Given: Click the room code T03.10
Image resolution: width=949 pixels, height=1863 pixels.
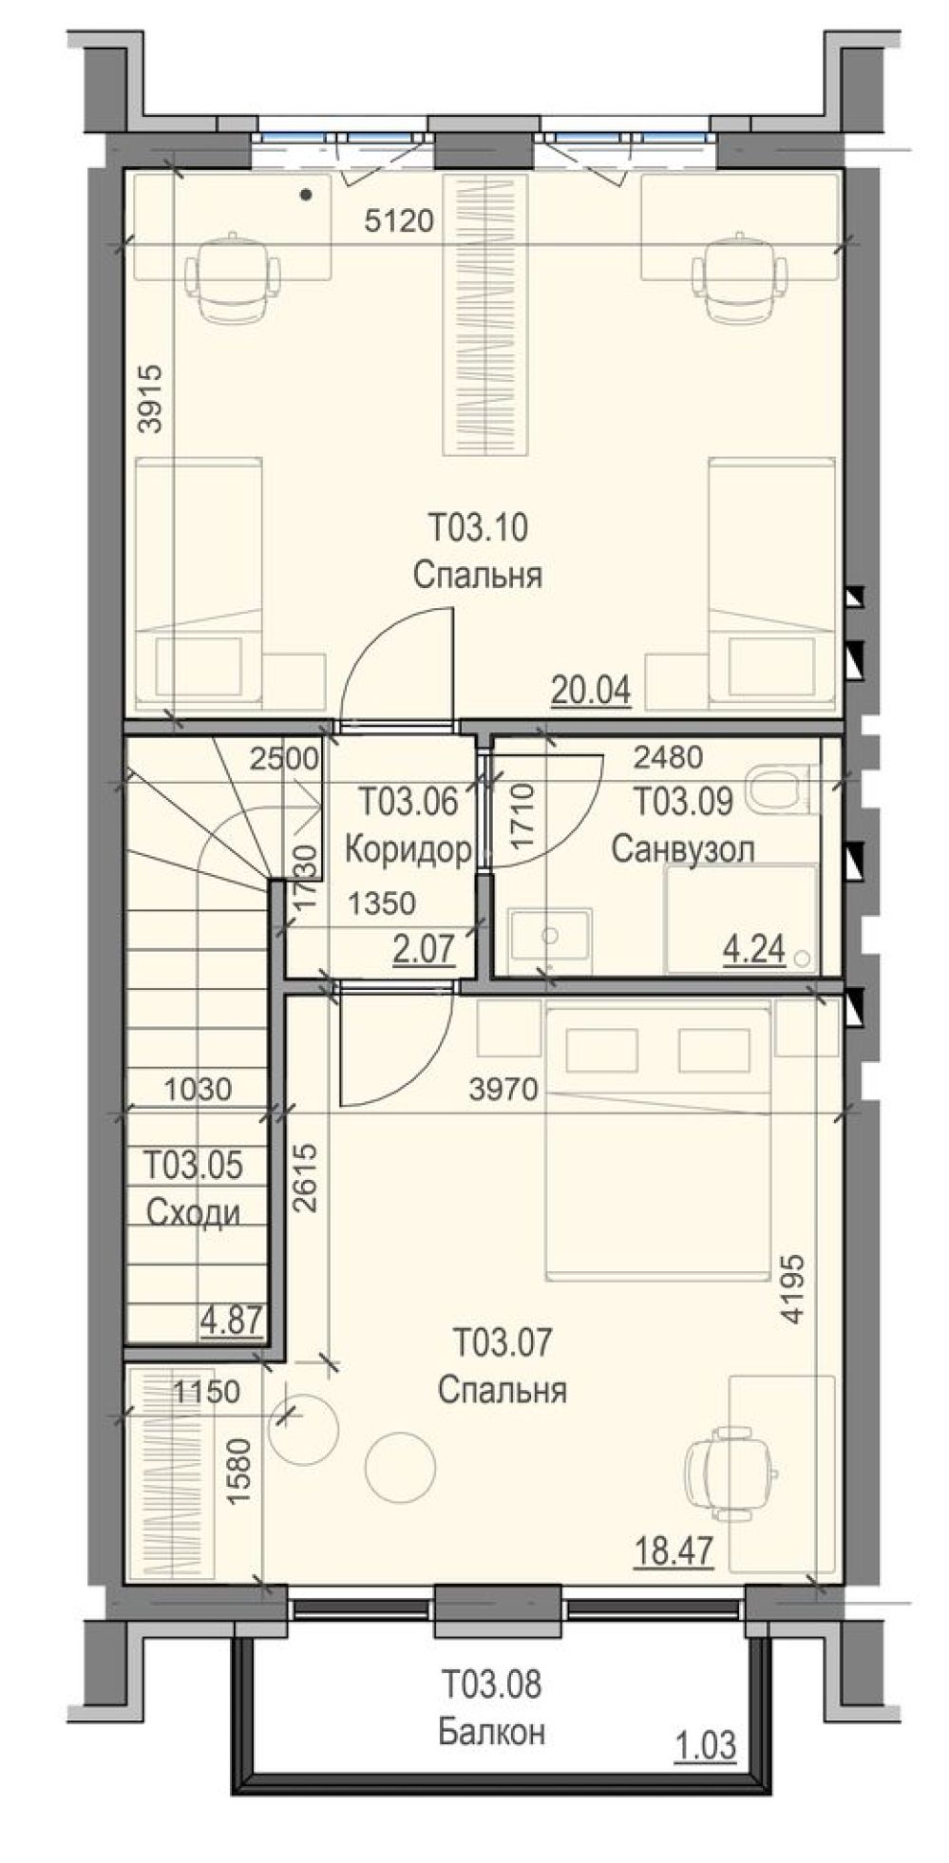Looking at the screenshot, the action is (477, 526).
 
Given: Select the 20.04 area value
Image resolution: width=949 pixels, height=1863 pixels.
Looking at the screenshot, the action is (591, 690).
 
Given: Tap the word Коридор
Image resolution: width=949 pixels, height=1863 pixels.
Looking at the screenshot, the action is (408, 848).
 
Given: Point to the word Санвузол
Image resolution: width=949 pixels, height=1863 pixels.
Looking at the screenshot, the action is (683, 847).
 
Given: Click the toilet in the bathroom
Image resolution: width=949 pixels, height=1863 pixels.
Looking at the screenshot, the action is (783, 789).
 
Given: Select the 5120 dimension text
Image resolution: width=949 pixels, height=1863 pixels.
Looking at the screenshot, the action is (399, 222).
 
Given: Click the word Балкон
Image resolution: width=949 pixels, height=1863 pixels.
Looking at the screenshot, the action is (491, 1733).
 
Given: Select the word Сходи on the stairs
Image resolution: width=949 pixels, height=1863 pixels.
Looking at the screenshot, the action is (193, 1213).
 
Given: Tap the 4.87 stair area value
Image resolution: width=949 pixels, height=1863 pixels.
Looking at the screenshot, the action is (231, 1320).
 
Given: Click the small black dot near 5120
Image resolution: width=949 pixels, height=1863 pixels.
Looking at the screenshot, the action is (305, 197).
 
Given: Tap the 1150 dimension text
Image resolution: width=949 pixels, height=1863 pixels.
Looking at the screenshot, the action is (206, 1392).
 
